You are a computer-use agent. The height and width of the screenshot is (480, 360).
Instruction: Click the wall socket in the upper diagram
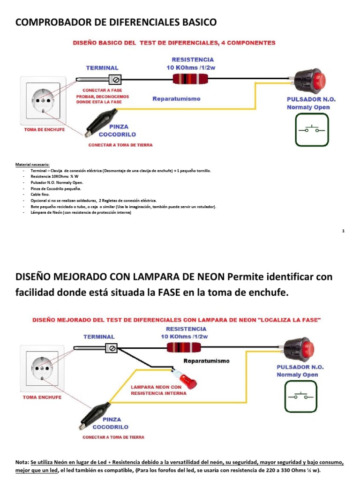(43, 99)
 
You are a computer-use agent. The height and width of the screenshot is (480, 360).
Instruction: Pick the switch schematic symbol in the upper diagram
(312, 129)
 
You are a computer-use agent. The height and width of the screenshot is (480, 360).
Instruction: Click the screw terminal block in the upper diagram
(115, 79)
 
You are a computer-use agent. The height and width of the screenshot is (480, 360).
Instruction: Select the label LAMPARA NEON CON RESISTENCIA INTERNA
(158, 390)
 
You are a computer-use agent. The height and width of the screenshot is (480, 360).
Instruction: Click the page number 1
(344, 231)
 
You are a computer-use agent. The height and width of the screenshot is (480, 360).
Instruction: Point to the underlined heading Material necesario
(36, 165)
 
